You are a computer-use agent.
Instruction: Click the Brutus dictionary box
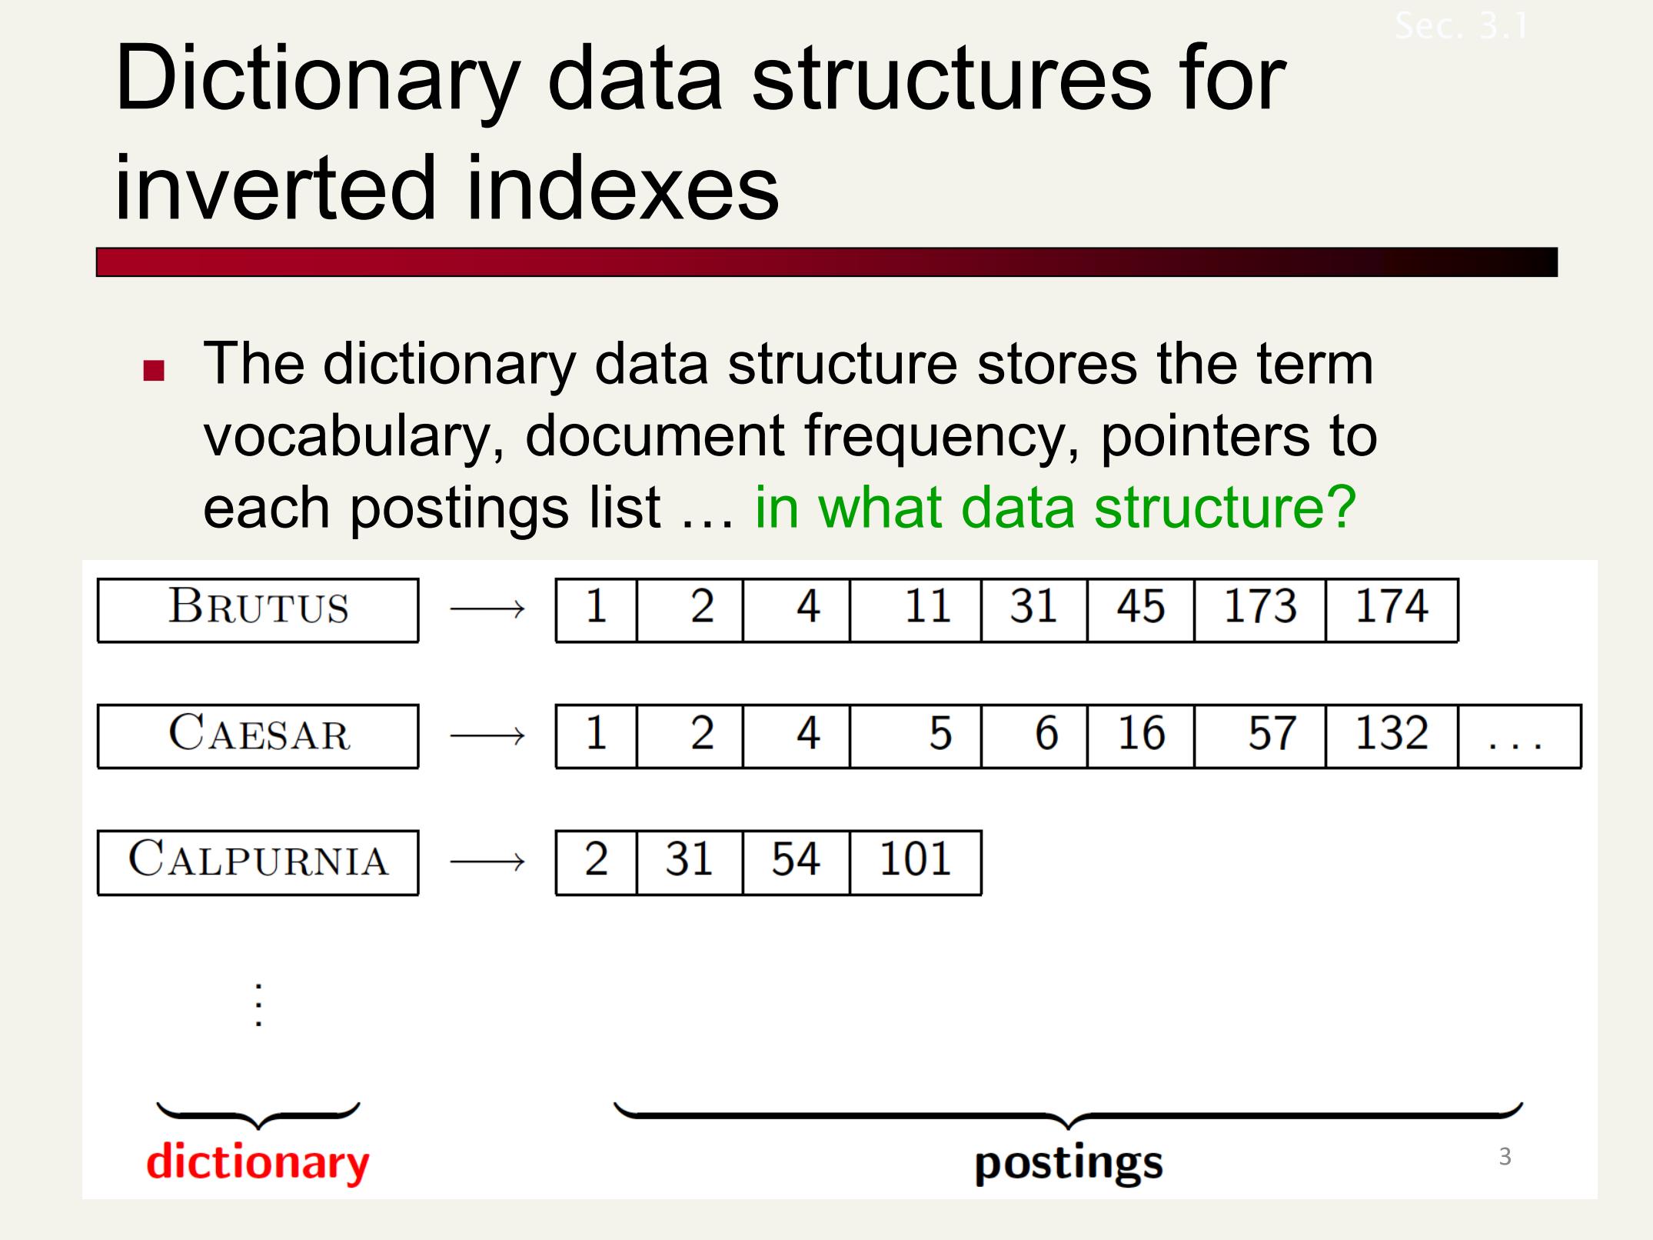click(258, 610)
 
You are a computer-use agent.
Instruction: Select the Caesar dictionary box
click(258, 736)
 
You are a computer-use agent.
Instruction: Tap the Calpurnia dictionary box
click(258, 862)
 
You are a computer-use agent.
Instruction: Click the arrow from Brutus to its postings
click(487, 610)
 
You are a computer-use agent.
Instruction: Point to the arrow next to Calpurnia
click(487, 862)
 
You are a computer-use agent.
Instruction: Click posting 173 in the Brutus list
click(1260, 610)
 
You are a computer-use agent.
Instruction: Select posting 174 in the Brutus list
click(1392, 610)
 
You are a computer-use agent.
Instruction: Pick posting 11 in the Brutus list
click(916, 610)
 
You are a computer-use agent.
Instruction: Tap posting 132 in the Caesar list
click(1392, 736)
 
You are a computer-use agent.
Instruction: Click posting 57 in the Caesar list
click(1260, 736)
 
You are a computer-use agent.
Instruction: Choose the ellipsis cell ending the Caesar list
click(1519, 736)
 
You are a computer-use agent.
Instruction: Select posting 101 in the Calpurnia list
click(916, 862)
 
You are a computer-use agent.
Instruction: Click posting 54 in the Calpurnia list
click(797, 862)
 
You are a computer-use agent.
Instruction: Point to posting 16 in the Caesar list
click(1141, 736)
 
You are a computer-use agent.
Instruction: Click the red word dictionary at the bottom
click(258, 1162)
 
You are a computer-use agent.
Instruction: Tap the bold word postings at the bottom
click(1069, 1164)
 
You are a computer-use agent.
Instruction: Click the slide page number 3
click(1505, 1156)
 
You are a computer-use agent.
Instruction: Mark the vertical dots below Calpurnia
click(259, 1005)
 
